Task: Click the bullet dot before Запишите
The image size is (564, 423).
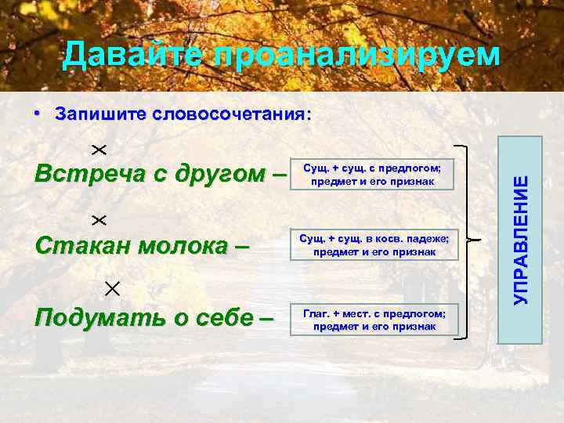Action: point(38,114)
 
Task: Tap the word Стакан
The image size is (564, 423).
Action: point(81,245)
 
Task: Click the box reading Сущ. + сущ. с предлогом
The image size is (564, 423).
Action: point(374,175)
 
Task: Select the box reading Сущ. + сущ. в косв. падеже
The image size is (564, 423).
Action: point(374,246)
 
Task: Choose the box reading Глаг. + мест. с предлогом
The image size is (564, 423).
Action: point(374,320)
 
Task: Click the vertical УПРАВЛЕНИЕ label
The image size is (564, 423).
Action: point(521,240)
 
